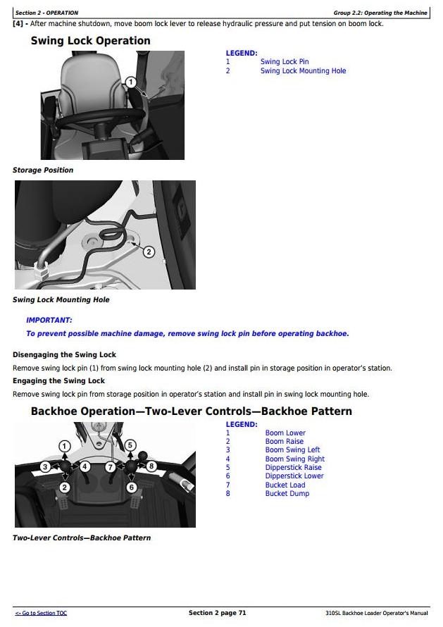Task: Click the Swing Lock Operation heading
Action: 90,41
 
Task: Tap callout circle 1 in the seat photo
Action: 130,82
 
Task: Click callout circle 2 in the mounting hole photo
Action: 149,252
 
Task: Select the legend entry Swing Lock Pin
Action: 285,62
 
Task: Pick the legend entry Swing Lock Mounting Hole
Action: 303,71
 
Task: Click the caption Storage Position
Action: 43,170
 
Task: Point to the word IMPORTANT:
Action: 49,320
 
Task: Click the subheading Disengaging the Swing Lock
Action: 64,354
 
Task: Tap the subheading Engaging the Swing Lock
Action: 58,381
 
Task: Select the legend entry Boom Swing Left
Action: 292,450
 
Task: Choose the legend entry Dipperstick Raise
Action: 293,467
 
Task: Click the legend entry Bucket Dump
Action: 287,494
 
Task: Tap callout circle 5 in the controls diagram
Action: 130,445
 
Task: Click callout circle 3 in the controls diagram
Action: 45,466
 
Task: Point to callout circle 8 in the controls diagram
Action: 150,466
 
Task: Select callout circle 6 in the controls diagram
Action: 131,488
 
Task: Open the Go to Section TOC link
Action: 41,614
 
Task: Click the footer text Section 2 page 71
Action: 217,613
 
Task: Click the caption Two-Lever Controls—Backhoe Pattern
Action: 82,538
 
